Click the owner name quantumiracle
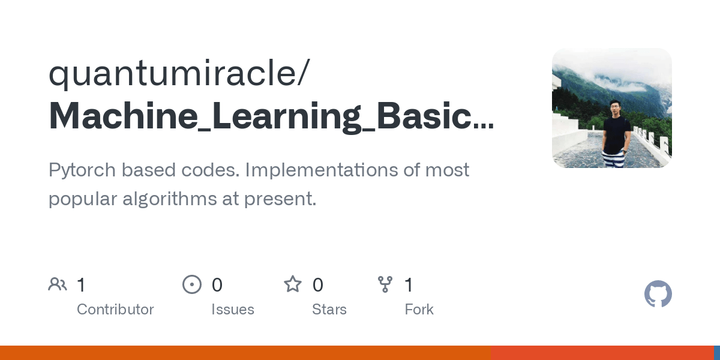tap(174, 74)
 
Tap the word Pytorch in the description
tap(82, 170)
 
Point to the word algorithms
tap(169, 199)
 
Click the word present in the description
tap(280, 199)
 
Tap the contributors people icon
tap(58, 284)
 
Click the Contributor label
tap(115, 310)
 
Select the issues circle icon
tap(192, 284)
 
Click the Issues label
tap(233, 310)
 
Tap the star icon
tap(293, 284)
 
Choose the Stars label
tap(329, 310)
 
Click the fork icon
tap(385, 284)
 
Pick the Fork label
tap(419, 310)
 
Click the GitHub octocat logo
tap(658, 294)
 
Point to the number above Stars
tap(317, 285)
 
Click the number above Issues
tap(217, 285)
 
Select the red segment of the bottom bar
tap(602, 353)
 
